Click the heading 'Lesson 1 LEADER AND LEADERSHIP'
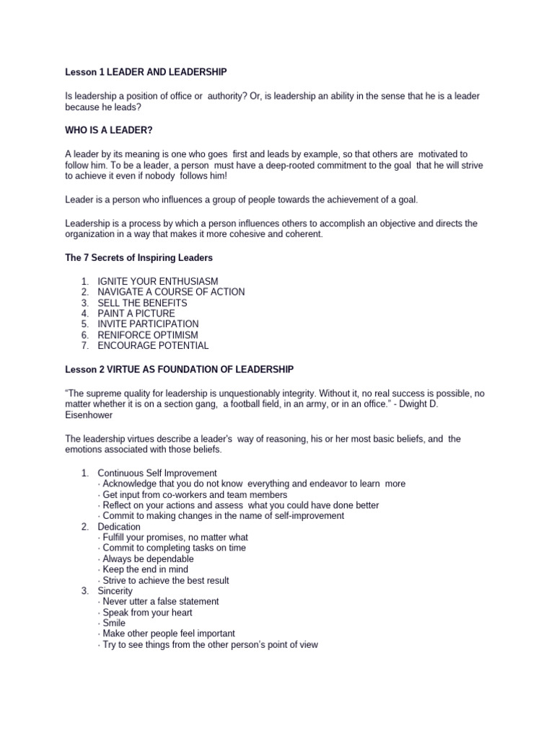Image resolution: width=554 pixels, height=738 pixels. [146, 71]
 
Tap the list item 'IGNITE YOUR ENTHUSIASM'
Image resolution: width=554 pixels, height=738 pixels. [158, 281]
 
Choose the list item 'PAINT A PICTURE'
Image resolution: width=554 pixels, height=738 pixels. [136, 314]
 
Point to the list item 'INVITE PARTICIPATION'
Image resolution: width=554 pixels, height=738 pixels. [148, 324]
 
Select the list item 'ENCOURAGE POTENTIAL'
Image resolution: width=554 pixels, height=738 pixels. [153, 346]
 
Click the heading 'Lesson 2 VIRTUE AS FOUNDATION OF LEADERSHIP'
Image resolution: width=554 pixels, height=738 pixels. [180, 369]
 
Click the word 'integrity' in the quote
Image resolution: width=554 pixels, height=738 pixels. [313, 393]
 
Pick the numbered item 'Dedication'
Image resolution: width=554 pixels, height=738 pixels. [119, 527]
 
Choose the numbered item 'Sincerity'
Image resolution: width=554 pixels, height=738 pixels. [115, 591]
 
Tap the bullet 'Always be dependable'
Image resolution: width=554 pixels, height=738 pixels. [148, 559]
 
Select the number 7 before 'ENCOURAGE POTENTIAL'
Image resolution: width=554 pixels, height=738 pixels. [84, 346]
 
